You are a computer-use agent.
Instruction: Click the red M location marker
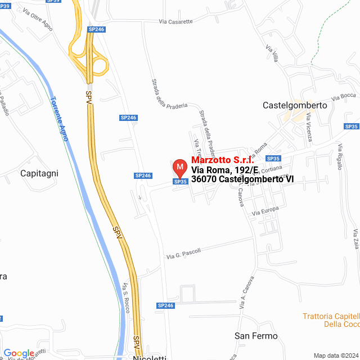[x=179, y=167]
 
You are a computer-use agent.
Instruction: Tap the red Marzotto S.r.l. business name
[x=223, y=160]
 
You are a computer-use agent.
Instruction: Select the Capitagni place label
[x=39, y=173]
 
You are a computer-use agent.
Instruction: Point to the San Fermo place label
[x=256, y=336]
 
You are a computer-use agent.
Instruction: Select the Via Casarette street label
[x=175, y=22]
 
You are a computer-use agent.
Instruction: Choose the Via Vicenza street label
[x=309, y=127]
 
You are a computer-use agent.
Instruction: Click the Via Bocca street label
[x=344, y=96]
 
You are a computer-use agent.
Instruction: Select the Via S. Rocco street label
[x=126, y=299]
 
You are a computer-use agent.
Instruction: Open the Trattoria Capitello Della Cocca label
[x=331, y=320]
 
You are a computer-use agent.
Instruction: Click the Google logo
[x=19, y=353]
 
